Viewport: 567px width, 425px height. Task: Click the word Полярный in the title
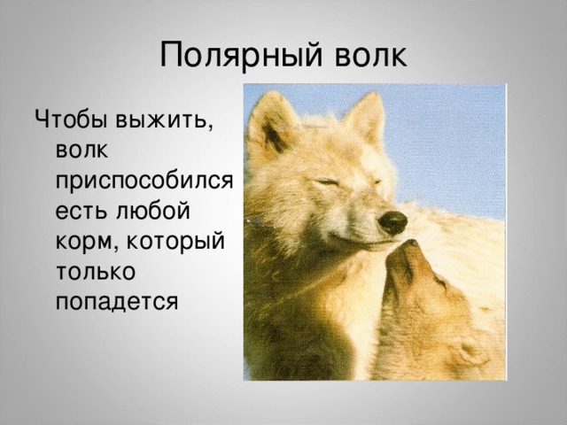coord(241,55)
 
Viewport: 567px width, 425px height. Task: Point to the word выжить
coord(164,120)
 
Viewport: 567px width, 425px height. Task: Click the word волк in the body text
coord(82,151)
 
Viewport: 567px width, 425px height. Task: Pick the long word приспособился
coord(144,182)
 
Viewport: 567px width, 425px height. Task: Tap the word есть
coord(82,211)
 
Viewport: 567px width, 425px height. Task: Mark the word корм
coord(87,243)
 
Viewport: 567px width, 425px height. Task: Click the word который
coord(175,243)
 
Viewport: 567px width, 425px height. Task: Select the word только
coord(96,272)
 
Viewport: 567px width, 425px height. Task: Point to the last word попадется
coord(117,302)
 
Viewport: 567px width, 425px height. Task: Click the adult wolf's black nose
coord(392,222)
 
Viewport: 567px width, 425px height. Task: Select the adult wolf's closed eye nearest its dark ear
coord(327,183)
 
